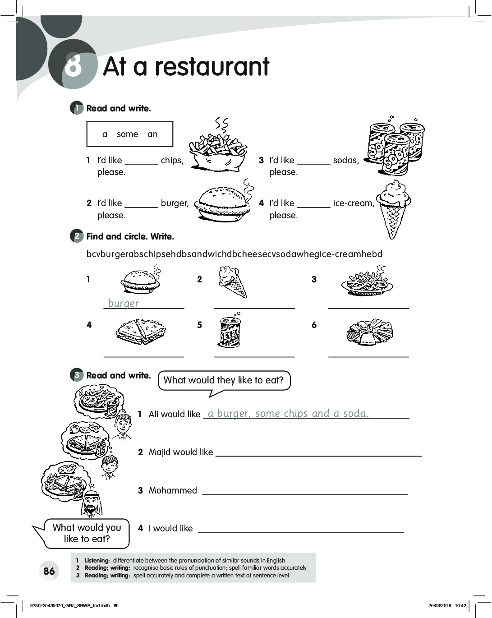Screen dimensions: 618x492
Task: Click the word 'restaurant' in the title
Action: (x=212, y=67)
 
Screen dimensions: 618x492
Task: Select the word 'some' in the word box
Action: (x=127, y=134)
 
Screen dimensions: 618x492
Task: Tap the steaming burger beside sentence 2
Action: (x=223, y=203)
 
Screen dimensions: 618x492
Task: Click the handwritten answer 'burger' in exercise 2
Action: (x=124, y=303)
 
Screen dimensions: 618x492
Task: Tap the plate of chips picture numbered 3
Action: (x=367, y=283)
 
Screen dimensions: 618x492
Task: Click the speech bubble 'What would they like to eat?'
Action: (x=224, y=380)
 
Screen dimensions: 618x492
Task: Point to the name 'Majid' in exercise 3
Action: (x=159, y=452)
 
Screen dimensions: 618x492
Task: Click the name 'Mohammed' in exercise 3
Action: (x=173, y=490)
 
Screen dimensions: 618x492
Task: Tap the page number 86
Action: (x=49, y=571)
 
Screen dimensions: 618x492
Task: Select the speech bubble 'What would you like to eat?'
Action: (x=87, y=533)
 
